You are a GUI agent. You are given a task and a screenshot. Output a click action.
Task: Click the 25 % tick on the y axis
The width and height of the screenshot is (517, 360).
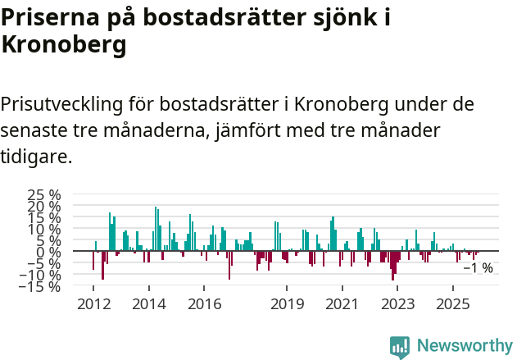(x=44, y=195)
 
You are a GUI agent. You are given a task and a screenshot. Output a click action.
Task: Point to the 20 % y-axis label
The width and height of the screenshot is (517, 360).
(x=44, y=207)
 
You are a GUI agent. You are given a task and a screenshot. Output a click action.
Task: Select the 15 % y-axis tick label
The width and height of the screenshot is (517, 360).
(x=44, y=218)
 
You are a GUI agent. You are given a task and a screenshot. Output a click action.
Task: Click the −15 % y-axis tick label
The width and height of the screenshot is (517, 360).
(x=41, y=287)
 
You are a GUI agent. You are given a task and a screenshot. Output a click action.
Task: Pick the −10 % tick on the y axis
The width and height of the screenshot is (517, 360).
(x=41, y=276)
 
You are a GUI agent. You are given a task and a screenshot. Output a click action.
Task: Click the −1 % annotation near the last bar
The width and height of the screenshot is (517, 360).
(x=478, y=268)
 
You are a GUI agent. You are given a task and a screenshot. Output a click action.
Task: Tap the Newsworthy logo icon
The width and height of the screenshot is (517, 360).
(x=400, y=346)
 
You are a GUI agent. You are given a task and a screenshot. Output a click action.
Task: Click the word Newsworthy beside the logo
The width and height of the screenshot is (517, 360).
(x=464, y=346)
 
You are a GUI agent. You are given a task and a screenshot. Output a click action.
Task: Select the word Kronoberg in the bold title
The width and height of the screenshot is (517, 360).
(x=63, y=45)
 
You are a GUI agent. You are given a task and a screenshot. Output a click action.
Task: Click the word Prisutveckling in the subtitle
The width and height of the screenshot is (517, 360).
(x=63, y=105)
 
